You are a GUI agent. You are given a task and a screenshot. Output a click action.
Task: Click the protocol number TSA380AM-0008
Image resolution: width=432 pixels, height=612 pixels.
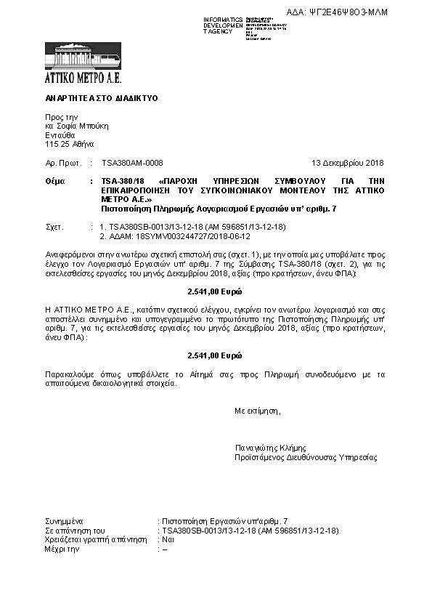[x=132, y=164]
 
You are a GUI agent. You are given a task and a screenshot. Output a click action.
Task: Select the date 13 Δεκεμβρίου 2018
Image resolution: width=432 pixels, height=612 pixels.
[x=347, y=164]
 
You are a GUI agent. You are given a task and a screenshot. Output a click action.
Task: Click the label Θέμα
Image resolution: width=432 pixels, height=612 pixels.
[x=54, y=180]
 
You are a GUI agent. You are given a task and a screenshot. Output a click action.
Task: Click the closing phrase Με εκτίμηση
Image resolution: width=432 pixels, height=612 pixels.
[x=257, y=411]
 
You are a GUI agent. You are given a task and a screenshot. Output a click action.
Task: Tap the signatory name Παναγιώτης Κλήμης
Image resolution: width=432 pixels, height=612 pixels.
[x=270, y=448]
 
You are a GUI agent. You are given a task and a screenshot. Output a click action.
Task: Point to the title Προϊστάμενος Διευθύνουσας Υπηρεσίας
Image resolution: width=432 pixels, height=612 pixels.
[x=306, y=458]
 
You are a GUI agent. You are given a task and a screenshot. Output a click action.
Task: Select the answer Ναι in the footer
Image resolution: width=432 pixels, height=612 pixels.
[x=168, y=541]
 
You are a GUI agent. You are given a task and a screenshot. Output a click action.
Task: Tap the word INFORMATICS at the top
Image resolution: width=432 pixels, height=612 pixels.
[x=223, y=19]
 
